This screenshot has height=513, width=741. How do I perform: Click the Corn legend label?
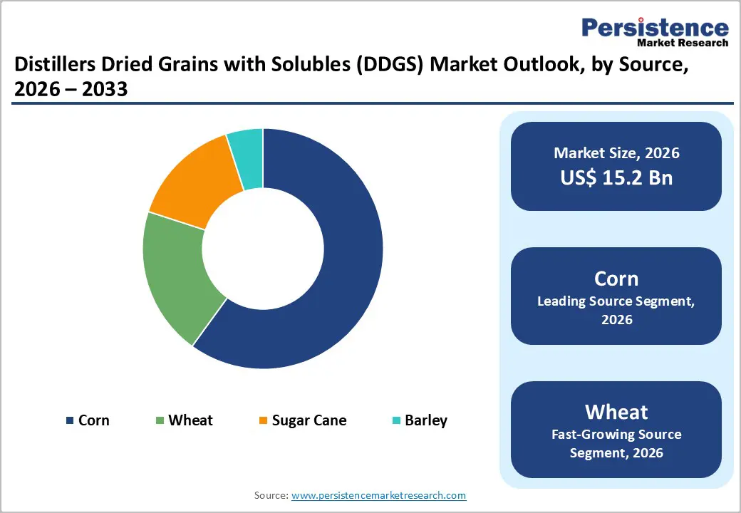(94, 420)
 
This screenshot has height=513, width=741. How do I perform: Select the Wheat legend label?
(190, 420)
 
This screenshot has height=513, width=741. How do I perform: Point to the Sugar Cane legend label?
(309, 420)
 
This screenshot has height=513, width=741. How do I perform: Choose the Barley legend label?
(426, 420)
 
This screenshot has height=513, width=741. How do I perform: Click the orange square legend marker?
(263, 421)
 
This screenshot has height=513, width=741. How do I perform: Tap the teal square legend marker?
(395, 421)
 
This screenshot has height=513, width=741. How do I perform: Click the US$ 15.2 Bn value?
(616, 177)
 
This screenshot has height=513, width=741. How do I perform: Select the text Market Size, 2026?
(616, 152)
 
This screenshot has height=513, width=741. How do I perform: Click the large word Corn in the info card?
(616, 279)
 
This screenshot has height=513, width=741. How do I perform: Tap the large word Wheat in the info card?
(616, 412)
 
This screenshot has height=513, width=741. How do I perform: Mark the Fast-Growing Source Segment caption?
(616, 443)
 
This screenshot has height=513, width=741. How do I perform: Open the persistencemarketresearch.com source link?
(378, 495)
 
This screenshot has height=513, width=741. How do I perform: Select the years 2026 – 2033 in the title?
(71, 90)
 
